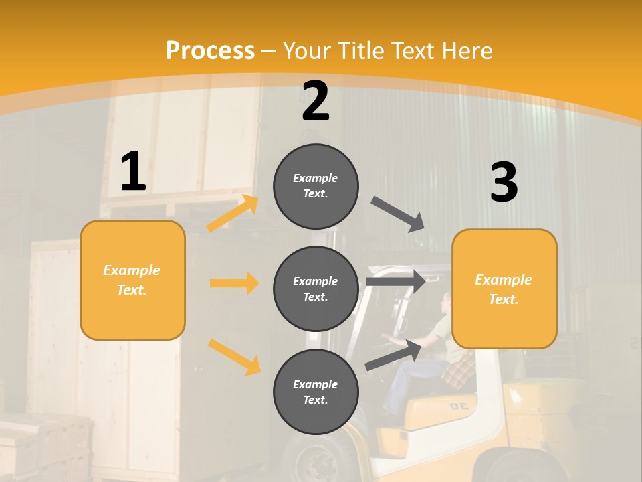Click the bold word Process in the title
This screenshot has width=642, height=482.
pos(210,51)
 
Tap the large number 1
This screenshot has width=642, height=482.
pos(133,172)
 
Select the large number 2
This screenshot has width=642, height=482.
pos(316,102)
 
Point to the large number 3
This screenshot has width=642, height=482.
pos(504,183)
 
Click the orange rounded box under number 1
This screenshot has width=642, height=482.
pos(132,280)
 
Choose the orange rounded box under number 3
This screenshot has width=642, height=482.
pos(504,289)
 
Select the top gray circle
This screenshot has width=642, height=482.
pos(316,186)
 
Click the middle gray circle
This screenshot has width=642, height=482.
pos(316,289)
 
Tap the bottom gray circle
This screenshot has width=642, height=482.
pos(316,392)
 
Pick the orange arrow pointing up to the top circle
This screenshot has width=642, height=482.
pos(233,214)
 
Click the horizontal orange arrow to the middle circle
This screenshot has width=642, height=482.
pos(234,283)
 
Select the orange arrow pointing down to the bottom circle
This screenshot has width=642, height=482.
pos(234,356)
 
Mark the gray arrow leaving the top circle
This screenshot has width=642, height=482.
pos(398,214)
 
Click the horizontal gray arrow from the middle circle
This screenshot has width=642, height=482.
pos(396,282)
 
